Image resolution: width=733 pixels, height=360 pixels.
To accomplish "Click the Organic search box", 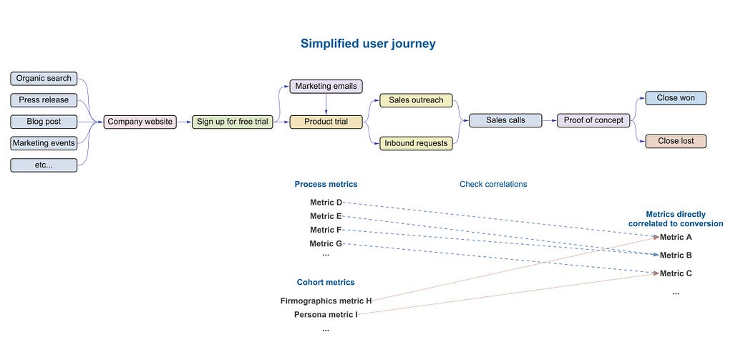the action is pos(44,79).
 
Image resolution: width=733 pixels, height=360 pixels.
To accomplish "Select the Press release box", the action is pos(44,100).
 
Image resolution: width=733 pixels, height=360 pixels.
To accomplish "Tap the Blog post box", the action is pos(44,122).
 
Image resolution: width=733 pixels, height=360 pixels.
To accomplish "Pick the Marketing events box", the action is pos(44,143).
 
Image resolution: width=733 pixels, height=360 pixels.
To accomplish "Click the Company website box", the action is pos(140,122).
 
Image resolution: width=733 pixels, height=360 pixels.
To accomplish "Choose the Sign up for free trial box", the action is pos(233,122).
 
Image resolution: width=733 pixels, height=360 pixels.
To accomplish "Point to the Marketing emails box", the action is pos(326,87).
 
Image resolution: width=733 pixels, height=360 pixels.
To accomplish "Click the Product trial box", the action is pos(326,122).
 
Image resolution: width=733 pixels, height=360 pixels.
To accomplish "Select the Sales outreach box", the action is pos(416,100).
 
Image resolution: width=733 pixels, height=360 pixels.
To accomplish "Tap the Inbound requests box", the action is pos(416,143).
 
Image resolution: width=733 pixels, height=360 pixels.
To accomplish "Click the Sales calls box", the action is pos(505,120).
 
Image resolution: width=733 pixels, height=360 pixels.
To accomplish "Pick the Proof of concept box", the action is pos(593,120).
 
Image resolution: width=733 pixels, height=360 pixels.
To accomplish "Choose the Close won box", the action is pos(676,98).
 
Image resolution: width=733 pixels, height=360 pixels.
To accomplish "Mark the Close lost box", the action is pos(676,141).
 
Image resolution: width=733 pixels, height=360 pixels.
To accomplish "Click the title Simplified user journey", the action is pos(368,44).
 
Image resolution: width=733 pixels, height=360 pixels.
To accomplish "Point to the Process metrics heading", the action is pos(326,184).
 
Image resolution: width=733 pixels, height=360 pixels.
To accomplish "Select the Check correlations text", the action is pos(493,184).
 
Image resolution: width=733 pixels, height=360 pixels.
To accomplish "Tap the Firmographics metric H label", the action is pos(326,301).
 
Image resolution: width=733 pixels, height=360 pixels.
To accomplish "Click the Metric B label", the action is pos(676,256).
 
